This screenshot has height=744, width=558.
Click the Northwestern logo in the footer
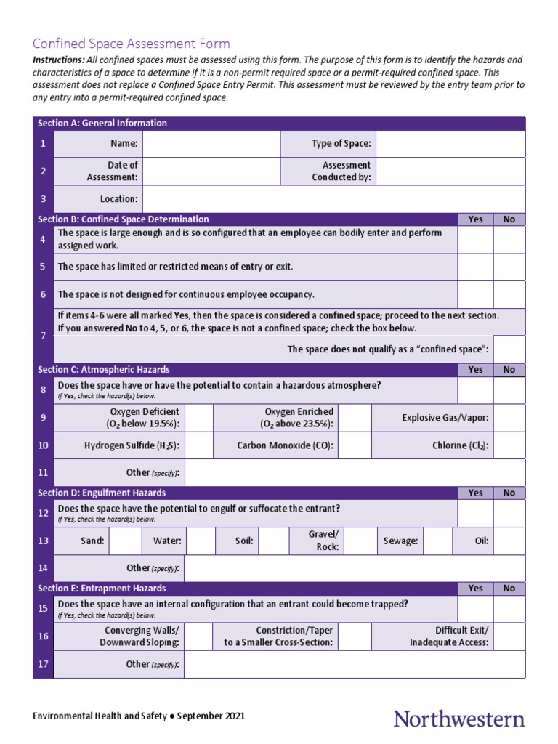458,719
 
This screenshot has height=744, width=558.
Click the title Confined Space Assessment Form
131,44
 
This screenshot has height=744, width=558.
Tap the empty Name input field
211,144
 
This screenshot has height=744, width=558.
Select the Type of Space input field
450,144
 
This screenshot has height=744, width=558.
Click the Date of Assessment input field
211,171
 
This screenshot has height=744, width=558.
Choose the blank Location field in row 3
333,199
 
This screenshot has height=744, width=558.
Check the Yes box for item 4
475,240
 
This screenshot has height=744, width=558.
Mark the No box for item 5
509,267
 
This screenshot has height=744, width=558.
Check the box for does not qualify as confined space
509,349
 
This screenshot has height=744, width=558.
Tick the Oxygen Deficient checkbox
199,418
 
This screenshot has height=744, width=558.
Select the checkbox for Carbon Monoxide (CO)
355,445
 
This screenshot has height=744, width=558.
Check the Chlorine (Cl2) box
509,445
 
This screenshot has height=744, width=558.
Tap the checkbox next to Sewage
438,541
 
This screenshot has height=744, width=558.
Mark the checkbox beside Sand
126,541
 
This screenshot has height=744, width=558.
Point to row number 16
44,636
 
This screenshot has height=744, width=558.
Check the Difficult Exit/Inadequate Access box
509,636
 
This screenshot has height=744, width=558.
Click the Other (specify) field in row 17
354,664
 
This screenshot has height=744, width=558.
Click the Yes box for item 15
475,609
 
